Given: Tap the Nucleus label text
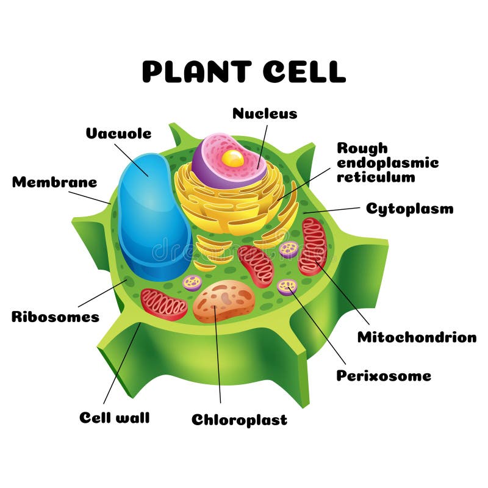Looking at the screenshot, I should coord(265,113).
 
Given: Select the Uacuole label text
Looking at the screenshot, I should coord(118,133).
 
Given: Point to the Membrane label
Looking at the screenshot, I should coord(54,182).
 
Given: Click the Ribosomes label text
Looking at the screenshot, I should coord(55,317).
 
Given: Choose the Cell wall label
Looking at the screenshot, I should coord(114,418).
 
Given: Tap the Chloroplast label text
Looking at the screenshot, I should coord(239,420).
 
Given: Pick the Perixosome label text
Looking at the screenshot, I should coord(384,375).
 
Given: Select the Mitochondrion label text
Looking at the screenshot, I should coord(417,337).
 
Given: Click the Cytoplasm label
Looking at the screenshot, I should coord(409,209).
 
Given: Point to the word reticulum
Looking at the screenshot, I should coord(376,177).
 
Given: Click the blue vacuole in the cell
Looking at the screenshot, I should coord(152,217).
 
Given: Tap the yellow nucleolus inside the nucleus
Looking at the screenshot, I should coord(232,159).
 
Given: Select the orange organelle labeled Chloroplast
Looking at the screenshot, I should coord(224,300).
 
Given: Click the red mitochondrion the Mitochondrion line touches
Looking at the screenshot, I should coord(314,246).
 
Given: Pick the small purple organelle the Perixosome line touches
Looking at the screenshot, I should coord(287,286).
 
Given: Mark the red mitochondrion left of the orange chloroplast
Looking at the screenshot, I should coord(163,303).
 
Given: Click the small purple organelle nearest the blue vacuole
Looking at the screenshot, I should coord(193,282).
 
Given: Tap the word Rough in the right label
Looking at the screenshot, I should coord(362,148).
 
